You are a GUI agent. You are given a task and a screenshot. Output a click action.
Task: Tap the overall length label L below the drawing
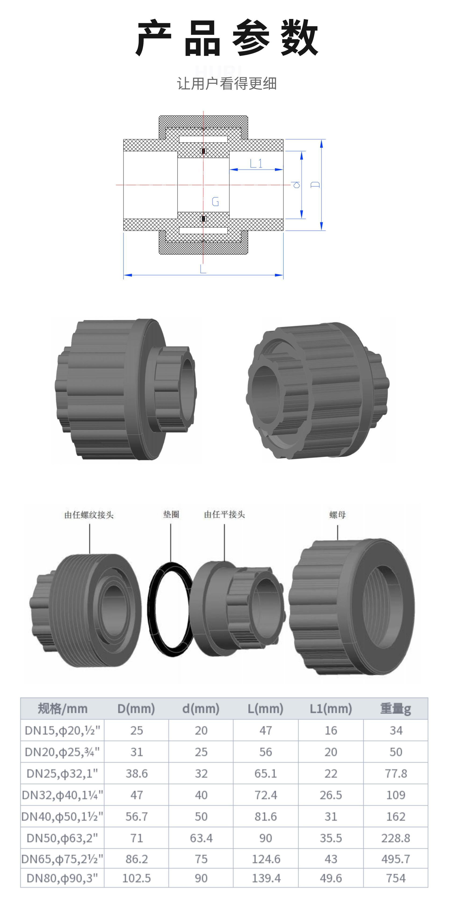(x=203, y=269)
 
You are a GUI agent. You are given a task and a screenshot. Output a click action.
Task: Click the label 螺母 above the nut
(x=337, y=514)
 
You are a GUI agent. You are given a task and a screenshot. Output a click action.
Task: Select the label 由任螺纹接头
(x=89, y=515)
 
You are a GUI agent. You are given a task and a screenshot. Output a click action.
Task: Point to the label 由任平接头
(x=224, y=514)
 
